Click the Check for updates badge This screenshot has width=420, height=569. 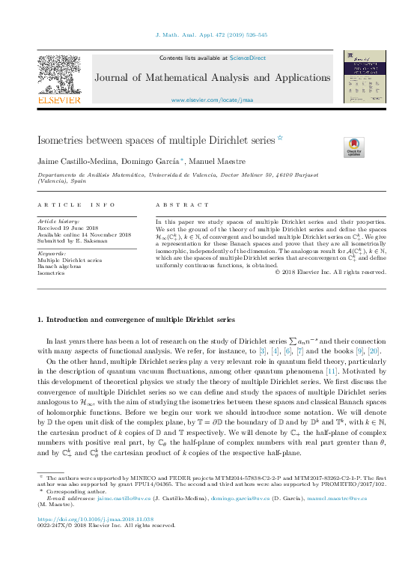coord(353,147)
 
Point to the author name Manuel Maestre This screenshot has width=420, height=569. coord(227,162)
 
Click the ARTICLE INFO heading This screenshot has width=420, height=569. coord(76,205)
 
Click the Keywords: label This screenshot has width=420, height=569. coord(51,254)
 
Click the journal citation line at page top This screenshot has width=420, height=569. coord(210,35)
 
